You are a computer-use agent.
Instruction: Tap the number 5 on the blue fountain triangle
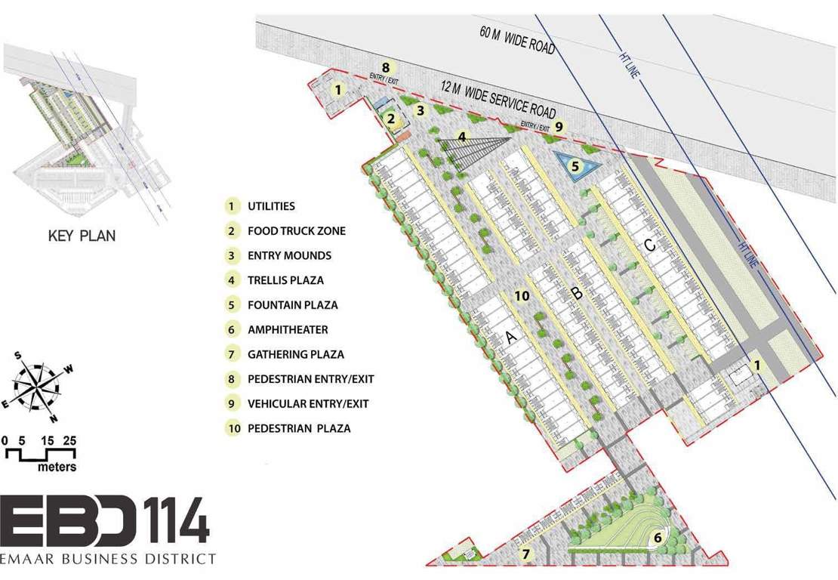tap(575, 165)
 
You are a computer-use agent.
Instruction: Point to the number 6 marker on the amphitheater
tap(658, 538)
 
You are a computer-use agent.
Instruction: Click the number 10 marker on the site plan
tap(521, 296)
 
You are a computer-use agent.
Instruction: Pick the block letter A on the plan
tap(510, 338)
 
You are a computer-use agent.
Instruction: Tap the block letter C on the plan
tap(649, 245)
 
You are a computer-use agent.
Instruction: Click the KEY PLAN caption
tap(82, 236)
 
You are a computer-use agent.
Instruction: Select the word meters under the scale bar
tap(57, 467)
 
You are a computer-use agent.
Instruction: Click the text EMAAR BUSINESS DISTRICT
tap(108, 559)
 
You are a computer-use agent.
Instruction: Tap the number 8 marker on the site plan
tap(385, 66)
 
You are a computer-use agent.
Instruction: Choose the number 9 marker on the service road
tap(559, 127)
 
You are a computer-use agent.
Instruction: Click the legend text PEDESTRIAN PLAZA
tap(299, 429)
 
